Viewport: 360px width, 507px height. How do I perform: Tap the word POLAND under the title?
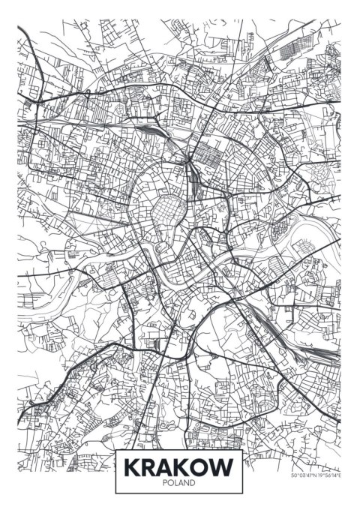coord(180,484)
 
